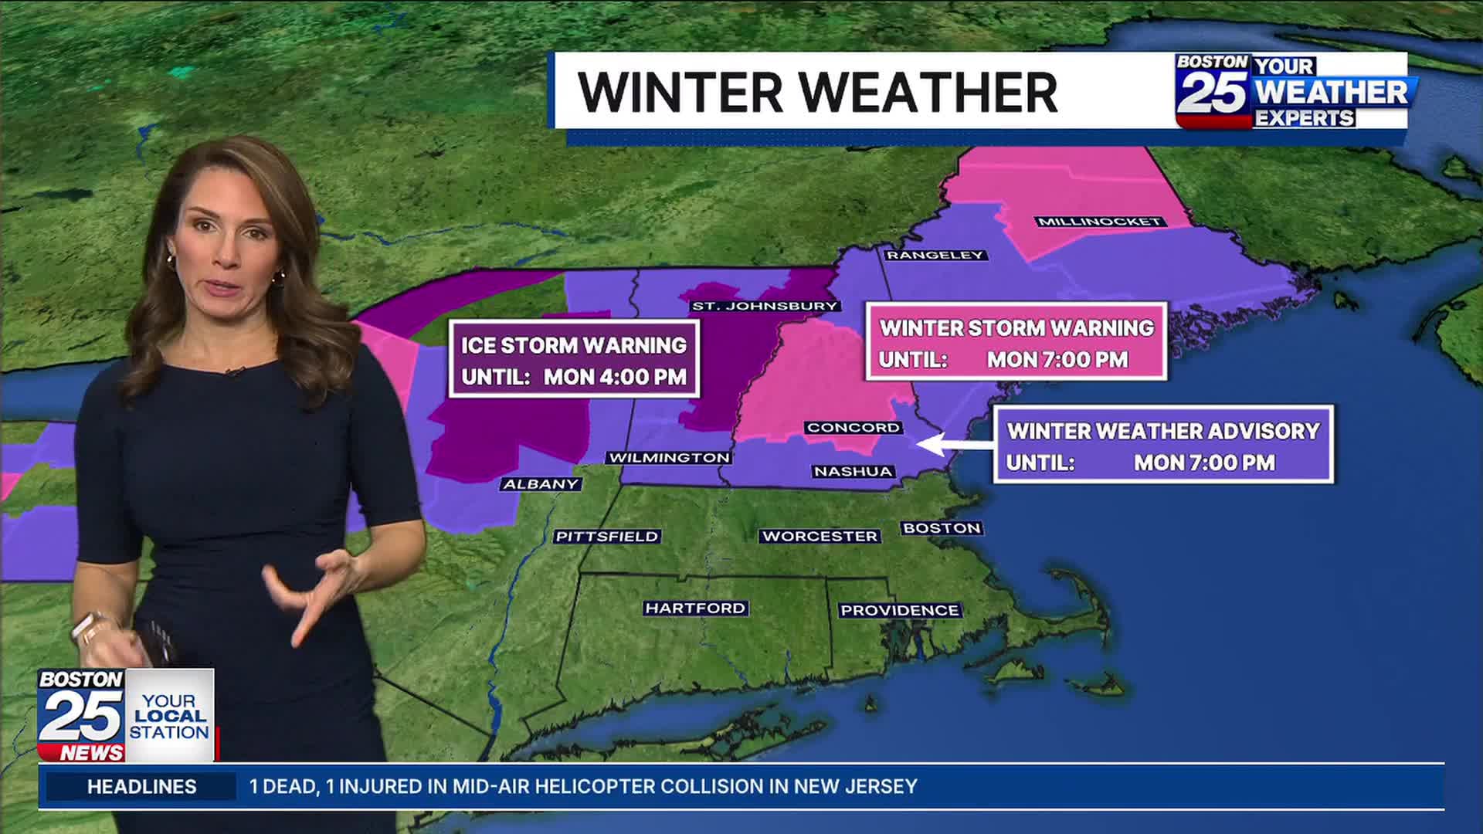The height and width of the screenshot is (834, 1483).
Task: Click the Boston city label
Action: point(942,528)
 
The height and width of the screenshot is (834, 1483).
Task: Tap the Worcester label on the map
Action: point(820,536)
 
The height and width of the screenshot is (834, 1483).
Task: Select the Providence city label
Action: point(899,610)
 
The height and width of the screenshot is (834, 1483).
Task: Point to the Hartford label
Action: point(695,609)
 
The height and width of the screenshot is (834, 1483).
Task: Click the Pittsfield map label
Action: point(607,536)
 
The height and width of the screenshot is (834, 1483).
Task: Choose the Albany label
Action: point(541,484)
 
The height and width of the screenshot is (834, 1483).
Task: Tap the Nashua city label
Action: point(853,471)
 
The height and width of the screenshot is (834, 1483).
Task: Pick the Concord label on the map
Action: point(853,427)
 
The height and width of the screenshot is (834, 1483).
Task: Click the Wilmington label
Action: point(669,458)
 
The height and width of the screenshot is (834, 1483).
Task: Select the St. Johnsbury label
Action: point(765,306)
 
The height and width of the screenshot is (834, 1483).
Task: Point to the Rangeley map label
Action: point(935,255)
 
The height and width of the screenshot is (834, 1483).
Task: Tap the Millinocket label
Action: point(1099,222)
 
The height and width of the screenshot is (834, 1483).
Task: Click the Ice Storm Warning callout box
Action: point(574,359)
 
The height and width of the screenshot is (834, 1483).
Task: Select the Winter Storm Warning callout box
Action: point(1016,342)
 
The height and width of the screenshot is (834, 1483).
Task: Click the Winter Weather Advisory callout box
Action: point(1163,445)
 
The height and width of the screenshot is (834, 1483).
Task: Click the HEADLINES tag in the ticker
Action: point(141,786)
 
